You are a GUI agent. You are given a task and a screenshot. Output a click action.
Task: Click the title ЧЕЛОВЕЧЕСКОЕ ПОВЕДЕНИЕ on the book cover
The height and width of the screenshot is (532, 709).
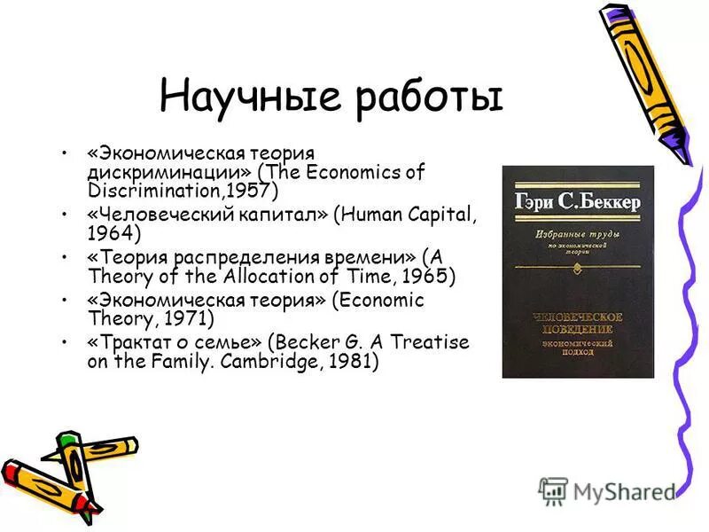(578, 323)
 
